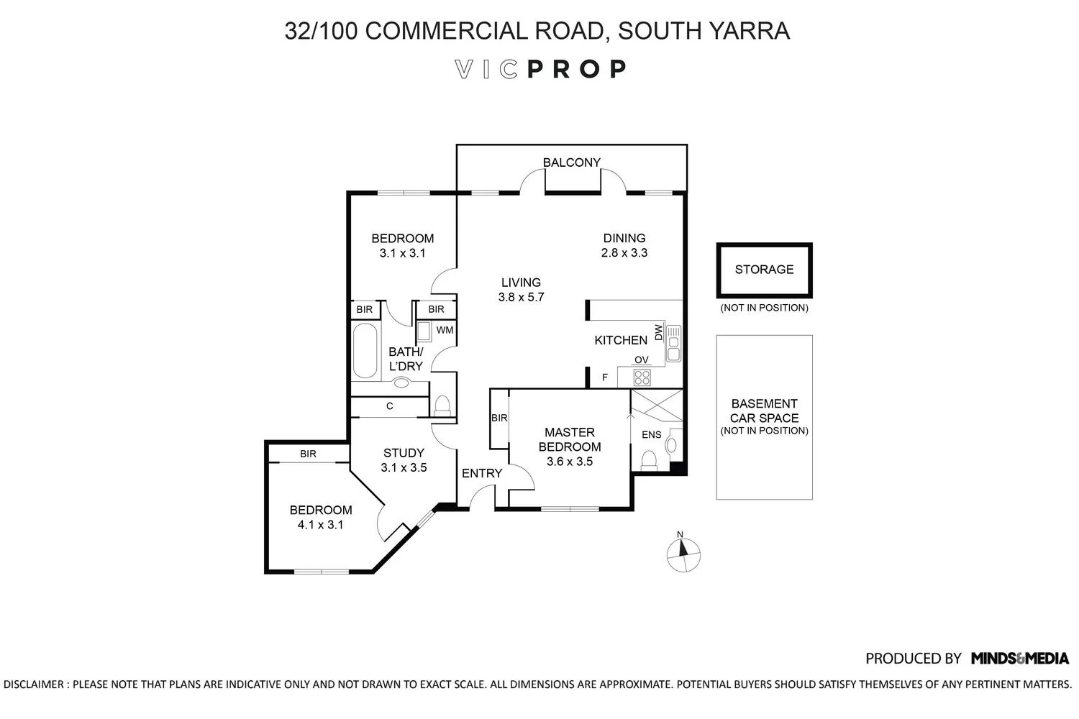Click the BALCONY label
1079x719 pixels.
pos(571,162)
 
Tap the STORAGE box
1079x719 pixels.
pos(764,270)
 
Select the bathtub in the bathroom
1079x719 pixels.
pos(365,350)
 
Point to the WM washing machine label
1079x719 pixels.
pos(445,330)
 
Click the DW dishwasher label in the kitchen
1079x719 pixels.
pos(658,332)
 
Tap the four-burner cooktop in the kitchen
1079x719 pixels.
pos(642,377)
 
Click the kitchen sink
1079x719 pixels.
pos(673,344)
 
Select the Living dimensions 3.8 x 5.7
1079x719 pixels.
pos(522,297)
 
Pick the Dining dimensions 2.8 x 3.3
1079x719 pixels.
pos(624,253)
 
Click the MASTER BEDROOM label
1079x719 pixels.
pos(570,439)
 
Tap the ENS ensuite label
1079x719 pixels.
pos(651,435)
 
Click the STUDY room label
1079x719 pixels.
pos(404,453)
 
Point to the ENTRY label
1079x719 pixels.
pos(482,473)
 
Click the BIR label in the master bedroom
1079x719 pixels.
pos(499,418)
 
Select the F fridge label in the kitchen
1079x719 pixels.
pos(605,377)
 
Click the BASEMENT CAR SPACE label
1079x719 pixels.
pos(764,411)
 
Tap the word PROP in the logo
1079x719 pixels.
pos(577,69)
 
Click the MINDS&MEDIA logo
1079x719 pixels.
pos(1020,658)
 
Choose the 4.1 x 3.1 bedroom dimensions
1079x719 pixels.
pos(320,525)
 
